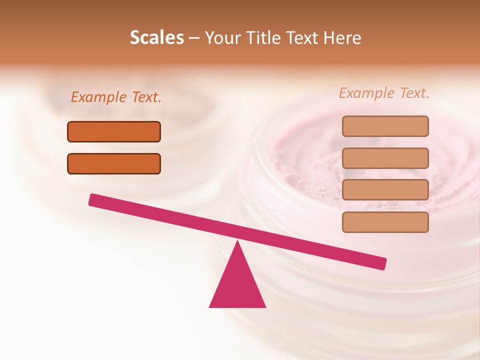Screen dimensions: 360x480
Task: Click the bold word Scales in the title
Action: pyautogui.click(x=156, y=38)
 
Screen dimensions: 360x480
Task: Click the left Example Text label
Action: pyautogui.click(x=116, y=97)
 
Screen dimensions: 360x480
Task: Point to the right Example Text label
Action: pyautogui.click(x=384, y=93)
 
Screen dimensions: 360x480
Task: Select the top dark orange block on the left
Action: pyautogui.click(x=114, y=131)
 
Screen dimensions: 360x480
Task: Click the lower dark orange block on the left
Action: pyautogui.click(x=114, y=163)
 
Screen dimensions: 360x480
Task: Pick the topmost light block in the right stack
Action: pyautogui.click(x=385, y=126)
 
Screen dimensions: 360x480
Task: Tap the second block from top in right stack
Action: pyautogui.click(x=385, y=158)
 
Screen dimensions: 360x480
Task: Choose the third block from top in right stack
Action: pyautogui.click(x=385, y=190)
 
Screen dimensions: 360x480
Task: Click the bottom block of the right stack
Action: pyautogui.click(x=385, y=222)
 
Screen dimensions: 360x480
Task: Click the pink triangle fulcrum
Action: pyautogui.click(x=237, y=285)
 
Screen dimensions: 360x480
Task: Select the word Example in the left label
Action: pyautogui.click(x=99, y=97)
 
